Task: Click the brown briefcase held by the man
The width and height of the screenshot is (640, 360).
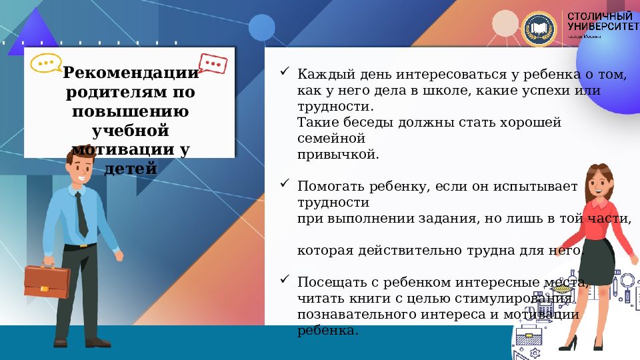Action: (x=47, y=281)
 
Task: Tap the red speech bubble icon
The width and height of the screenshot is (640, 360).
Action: (x=213, y=63)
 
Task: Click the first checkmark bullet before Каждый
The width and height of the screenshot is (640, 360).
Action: (x=284, y=71)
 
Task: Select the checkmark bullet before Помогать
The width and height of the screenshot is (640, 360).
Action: (x=284, y=182)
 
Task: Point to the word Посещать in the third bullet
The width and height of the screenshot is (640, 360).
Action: (x=330, y=282)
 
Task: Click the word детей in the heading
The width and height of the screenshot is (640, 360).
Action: (x=131, y=168)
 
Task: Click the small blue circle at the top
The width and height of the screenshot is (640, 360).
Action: (x=262, y=27)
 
